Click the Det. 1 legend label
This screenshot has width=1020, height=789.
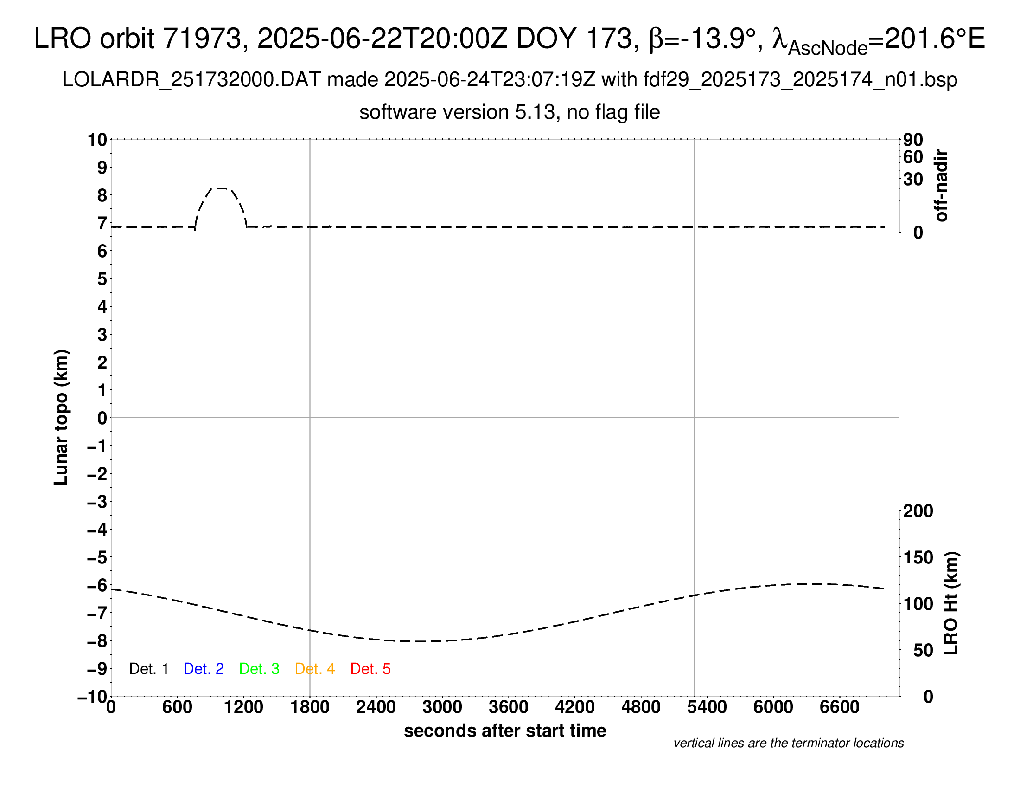point(148,669)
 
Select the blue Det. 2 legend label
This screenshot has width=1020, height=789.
point(204,669)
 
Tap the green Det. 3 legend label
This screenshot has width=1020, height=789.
point(259,669)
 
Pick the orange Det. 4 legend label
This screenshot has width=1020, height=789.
point(315,669)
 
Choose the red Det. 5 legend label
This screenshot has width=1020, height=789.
point(370,669)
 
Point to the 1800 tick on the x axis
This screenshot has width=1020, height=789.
point(310,707)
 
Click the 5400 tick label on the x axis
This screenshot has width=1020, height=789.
point(707,707)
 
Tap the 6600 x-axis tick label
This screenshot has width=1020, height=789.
point(839,707)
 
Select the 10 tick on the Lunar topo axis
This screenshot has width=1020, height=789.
point(98,140)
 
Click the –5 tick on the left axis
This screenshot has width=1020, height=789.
point(97,557)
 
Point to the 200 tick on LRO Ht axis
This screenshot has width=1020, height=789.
point(918,511)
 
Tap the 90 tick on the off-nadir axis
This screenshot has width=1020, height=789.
point(912,140)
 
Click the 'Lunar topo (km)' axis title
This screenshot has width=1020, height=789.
point(61,417)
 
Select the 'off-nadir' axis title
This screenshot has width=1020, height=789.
point(941,186)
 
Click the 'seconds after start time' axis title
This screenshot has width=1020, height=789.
point(505,731)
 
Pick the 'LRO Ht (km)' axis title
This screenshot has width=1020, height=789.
point(951,603)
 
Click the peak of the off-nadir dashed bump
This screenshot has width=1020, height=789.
point(221,188)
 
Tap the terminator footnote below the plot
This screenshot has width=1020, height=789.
point(788,743)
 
